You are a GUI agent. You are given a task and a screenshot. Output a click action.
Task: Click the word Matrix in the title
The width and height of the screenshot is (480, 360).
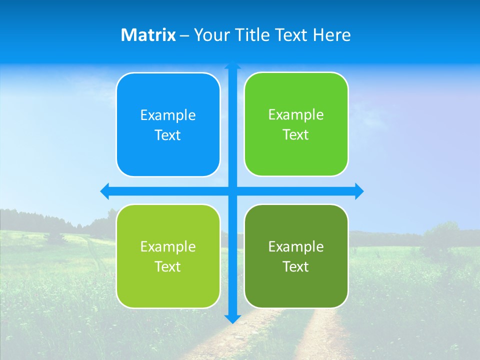click(148, 35)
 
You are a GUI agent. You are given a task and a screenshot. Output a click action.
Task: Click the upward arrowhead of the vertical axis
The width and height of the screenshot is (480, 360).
click(232, 65)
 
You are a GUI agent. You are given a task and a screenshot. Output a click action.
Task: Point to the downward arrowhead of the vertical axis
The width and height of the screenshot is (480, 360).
click(232, 318)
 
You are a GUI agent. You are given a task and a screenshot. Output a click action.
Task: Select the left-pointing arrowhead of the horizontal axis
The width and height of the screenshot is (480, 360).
click(105, 191)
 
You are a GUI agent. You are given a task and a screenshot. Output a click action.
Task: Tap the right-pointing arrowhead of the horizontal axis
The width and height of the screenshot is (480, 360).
click(358, 191)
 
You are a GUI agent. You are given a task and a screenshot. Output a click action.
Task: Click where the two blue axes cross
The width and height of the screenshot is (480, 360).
click(232, 191)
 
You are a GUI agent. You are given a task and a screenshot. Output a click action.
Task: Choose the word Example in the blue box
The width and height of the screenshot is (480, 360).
click(168, 115)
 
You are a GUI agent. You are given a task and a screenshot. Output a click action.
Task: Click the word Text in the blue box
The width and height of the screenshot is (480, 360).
click(168, 135)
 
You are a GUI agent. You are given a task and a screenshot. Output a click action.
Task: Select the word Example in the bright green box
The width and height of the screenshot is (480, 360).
click(296, 115)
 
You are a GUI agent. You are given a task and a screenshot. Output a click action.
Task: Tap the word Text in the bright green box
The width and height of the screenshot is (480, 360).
click(296, 135)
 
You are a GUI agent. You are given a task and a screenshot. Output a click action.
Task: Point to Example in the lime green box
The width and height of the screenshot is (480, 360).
click(168, 247)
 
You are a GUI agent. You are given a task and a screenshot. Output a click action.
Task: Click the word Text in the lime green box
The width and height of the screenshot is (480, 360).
click(168, 267)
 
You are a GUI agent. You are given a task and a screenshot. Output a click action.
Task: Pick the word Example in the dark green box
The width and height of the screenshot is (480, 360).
click(296, 247)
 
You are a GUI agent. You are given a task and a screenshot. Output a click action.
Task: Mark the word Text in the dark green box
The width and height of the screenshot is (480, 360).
click(296, 267)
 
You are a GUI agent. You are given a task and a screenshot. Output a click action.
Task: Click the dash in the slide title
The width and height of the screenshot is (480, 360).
click(184, 35)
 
